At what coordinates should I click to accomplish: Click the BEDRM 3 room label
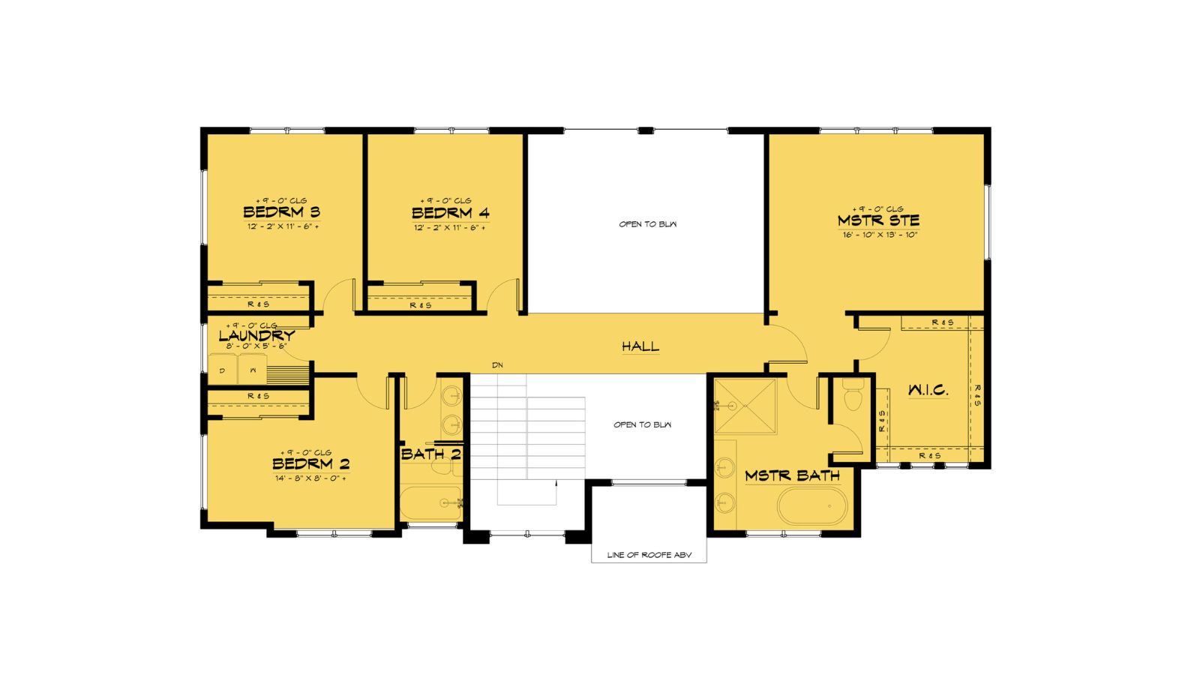[281, 212]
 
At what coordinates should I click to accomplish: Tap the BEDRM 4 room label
[450, 213]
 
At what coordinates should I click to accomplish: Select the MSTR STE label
[878, 220]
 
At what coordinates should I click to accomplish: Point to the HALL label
[640, 346]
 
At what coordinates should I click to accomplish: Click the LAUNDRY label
[256, 336]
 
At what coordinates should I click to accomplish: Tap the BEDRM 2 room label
[310, 464]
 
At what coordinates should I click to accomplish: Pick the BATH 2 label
[430, 454]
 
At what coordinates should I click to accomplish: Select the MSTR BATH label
[792, 475]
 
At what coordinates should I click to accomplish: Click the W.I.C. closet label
[928, 390]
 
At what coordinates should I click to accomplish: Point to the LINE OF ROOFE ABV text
[649, 555]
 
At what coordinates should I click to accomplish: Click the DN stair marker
[497, 365]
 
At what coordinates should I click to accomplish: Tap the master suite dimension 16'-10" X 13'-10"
[880, 235]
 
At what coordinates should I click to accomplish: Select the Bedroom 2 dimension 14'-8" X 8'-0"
[310, 478]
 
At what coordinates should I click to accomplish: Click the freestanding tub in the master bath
[812, 506]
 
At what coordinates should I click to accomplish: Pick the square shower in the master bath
[745, 407]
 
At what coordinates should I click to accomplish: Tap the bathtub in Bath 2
[430, 503]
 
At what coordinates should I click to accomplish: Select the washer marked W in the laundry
[253, 370]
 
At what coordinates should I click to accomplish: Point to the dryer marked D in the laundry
[223, 370]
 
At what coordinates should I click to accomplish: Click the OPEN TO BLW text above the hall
[647, 224]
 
